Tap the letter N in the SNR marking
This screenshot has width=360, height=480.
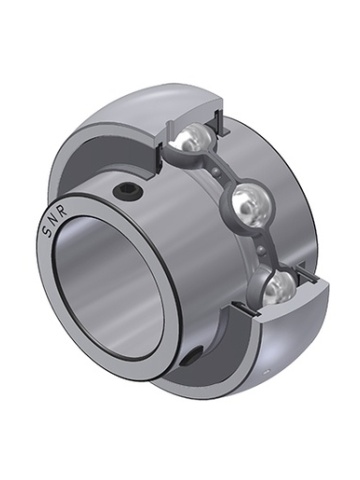[53, 221]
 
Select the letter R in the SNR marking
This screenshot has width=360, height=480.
[63, 211]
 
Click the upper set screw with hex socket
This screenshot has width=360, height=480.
[129, 191]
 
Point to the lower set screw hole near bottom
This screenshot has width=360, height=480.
[193, 357]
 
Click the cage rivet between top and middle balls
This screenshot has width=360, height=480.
[218, 172]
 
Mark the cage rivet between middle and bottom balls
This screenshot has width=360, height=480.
[261, 249]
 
